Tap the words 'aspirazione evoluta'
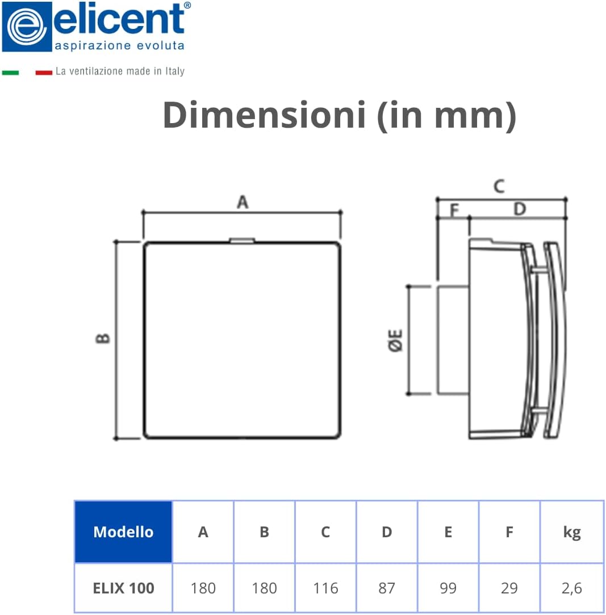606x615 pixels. coord(119,45)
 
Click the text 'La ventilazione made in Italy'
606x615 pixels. coord(120,71)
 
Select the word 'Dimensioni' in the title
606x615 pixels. coord(264,115)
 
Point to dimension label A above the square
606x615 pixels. coord(243,202)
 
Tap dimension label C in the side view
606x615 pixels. coord(499,186)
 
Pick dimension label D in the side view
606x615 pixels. coord(519,209)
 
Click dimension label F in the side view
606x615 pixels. coord(454,210)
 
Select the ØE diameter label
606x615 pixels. coord(396,340)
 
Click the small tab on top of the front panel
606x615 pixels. coord(242,241)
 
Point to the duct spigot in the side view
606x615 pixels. coord(452,339)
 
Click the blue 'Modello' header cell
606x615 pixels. coord(123,532)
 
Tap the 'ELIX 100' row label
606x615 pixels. coord(123,588)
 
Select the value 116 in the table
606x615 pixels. coord(325,588)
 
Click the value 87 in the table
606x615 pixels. coord(387,588)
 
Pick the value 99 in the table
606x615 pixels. coord(448,588)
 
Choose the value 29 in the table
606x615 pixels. coord(509,588)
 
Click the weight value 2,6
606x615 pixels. coord(571,588)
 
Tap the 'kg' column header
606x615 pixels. coord(571,532)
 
